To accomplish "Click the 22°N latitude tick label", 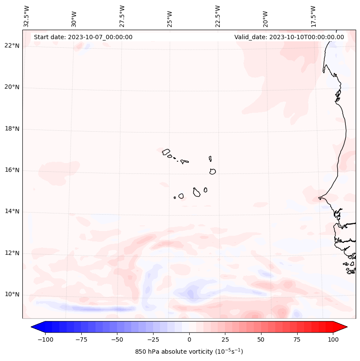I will pyautogui.click(x=12, y=46).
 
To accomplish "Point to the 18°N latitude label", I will pyautogui.click(x=12, y=129).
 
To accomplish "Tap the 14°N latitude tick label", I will pyautogui.click(x=12, y=212).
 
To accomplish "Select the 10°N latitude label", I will pyautogui.click(x=12, y=295).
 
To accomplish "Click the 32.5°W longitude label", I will pyautogui.click(x=27, y=16).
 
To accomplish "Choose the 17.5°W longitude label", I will pyautogui.click(x=313, y=16).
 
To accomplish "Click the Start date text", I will pyautogui.click(x=83, y=37).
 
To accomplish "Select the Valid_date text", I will pyautogui.click(x=289, y=37).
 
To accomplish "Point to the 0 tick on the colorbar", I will pyautogui.click(x=189, y=339).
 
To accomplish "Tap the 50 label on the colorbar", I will pyautogui.click(x=261, y=339).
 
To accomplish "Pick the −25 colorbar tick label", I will pyautogui.click(x=153, y=339).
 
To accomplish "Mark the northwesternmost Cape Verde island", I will pyautogui.click(x=166, y=151).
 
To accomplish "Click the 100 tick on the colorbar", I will pyautogui.click(x=332, y=339).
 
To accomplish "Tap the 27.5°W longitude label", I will pyautogui.click(x=122, y=16).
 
